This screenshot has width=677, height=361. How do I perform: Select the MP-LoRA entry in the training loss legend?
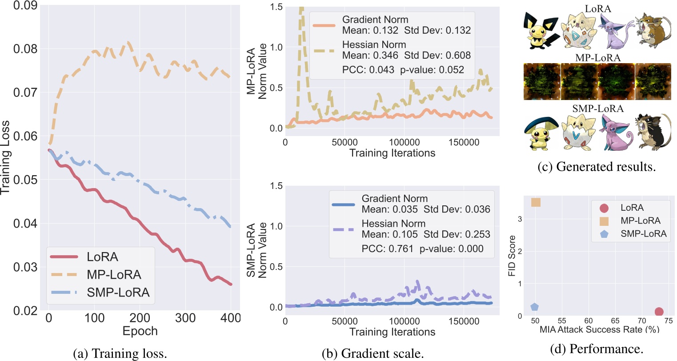click(x=114, y=275)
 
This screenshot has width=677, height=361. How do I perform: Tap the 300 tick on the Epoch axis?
click(x=185, y=318)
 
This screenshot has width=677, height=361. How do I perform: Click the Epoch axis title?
click(x=140, y=331)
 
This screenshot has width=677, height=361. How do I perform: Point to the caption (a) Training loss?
click(x=120, y=353)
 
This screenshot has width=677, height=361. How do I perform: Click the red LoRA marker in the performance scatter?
click(x=659, y=312)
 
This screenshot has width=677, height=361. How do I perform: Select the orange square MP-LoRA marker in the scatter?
click(x=536, y=203)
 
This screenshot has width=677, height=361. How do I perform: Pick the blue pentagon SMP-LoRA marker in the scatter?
click(x=534, y=307)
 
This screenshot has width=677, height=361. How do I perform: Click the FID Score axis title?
click(x=512, y=256)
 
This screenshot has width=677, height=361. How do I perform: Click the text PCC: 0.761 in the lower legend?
click(x=387, y=249)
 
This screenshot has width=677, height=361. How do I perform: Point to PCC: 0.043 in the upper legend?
click(x=368, y=70)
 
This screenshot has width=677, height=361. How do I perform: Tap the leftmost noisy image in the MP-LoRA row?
click(x=542, y=81)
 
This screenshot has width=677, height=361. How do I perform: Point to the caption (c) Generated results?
click(x=597, y=167)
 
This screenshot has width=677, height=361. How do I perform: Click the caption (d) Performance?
click(x=597, y=349)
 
